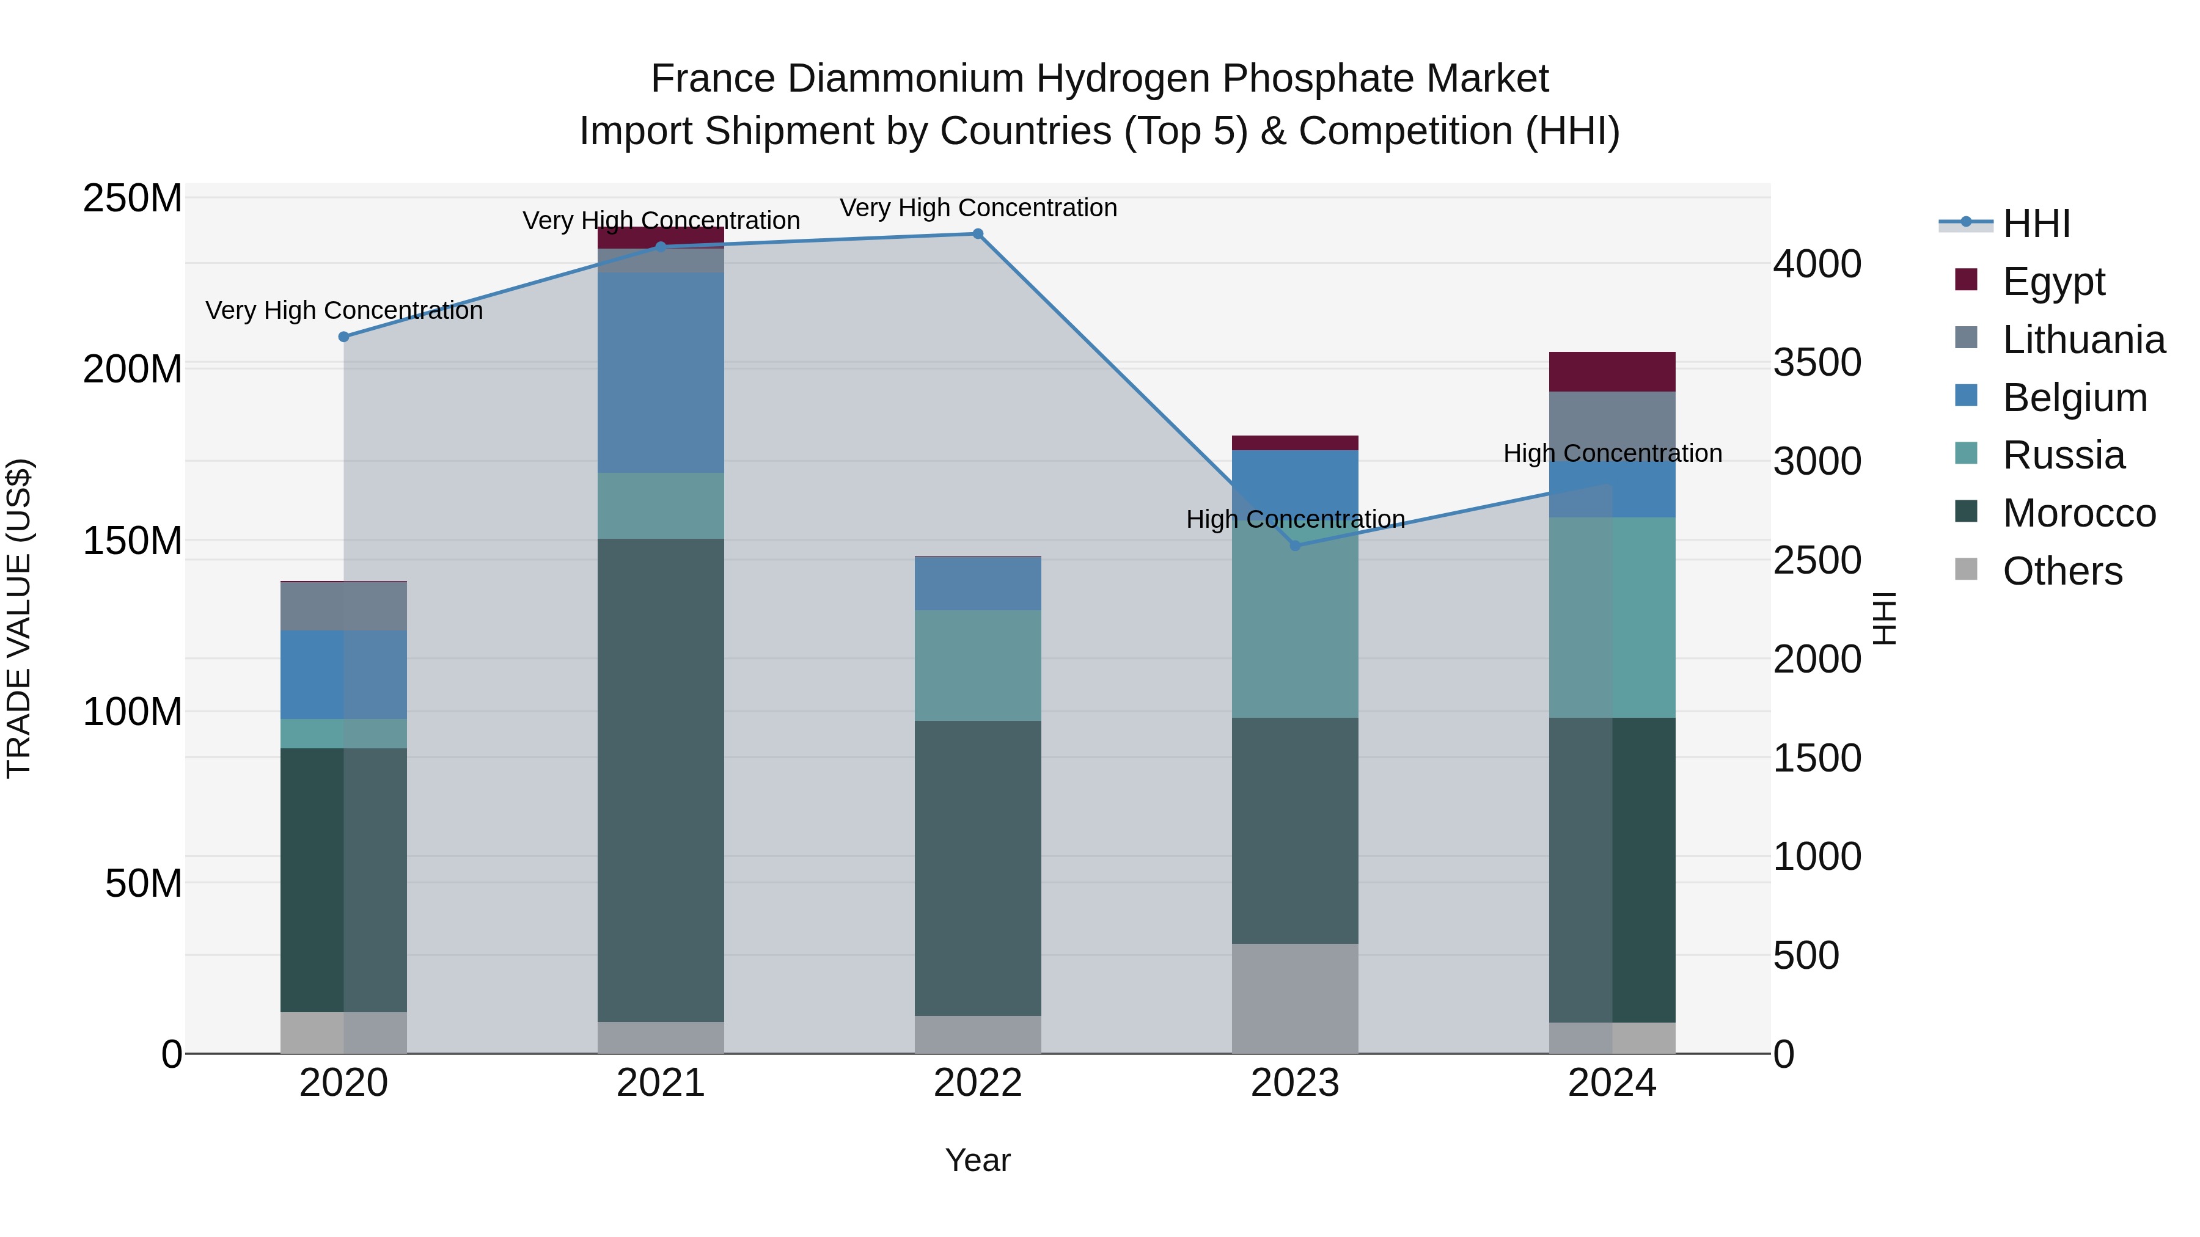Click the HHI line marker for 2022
click(978, 234)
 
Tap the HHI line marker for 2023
click(1295, 546)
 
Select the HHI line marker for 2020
click(344, 337)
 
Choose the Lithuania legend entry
click(2082, 340)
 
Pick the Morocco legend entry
click(2078, 513)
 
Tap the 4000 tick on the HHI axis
click(1817, 264)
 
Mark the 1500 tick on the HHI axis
click(1817, 758)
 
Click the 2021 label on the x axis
click(660, 1083)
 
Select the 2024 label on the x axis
click(1612, 1083)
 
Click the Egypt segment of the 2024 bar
click(1612, 371)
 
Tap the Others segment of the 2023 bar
click(1295, 998)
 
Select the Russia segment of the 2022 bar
click(978, 665)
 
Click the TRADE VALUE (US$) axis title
click(19, 618)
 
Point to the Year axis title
click(978, 1160)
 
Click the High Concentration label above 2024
click(1612, 453)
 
